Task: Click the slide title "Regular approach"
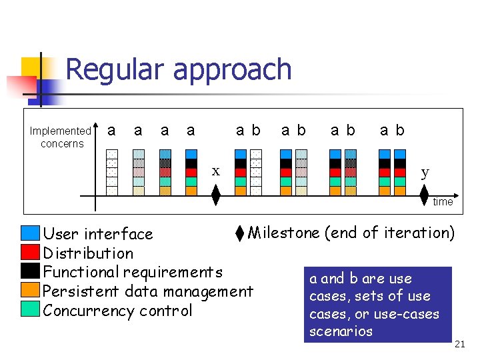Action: (179, 69)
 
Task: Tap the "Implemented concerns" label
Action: (61, 137)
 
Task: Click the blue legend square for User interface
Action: (30, 233)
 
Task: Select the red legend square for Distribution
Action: (30, 252)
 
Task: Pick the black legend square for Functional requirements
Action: (30, 271)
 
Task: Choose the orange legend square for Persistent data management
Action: (30, 290)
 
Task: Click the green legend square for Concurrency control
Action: (30, 309)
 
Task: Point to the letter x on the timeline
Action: (215, 171)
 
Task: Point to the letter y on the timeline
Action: (425, 172)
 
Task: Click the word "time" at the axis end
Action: (443, 201)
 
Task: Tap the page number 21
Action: (459, 344)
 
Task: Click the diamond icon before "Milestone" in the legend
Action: (240, 233)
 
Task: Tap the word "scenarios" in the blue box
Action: (341, 331)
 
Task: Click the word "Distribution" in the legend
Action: (88, 253)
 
